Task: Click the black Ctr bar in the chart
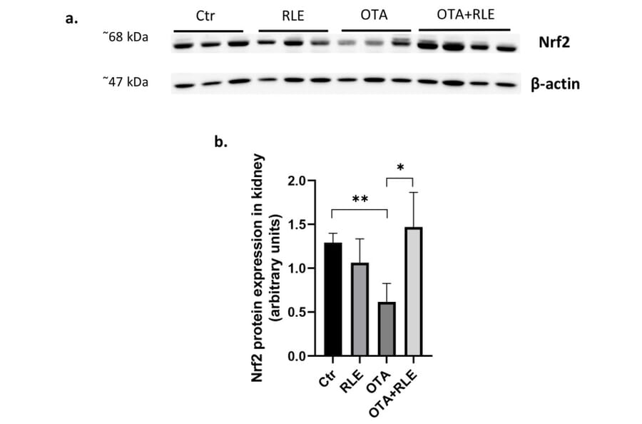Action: tap(332, 299)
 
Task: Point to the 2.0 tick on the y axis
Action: tap(297, 181)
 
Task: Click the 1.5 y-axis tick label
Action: tap(297, 224)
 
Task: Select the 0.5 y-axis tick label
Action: tap(297, 312)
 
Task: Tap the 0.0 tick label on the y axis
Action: tap(297, 355)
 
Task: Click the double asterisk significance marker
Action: tap(359, 200)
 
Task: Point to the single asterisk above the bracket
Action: tap(399, 168)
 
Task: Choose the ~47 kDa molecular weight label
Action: tap(125, 82)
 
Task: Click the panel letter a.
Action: tap(71, 19)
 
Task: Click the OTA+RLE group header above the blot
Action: tap(464, 16)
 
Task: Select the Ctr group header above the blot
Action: tap(208, 16)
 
